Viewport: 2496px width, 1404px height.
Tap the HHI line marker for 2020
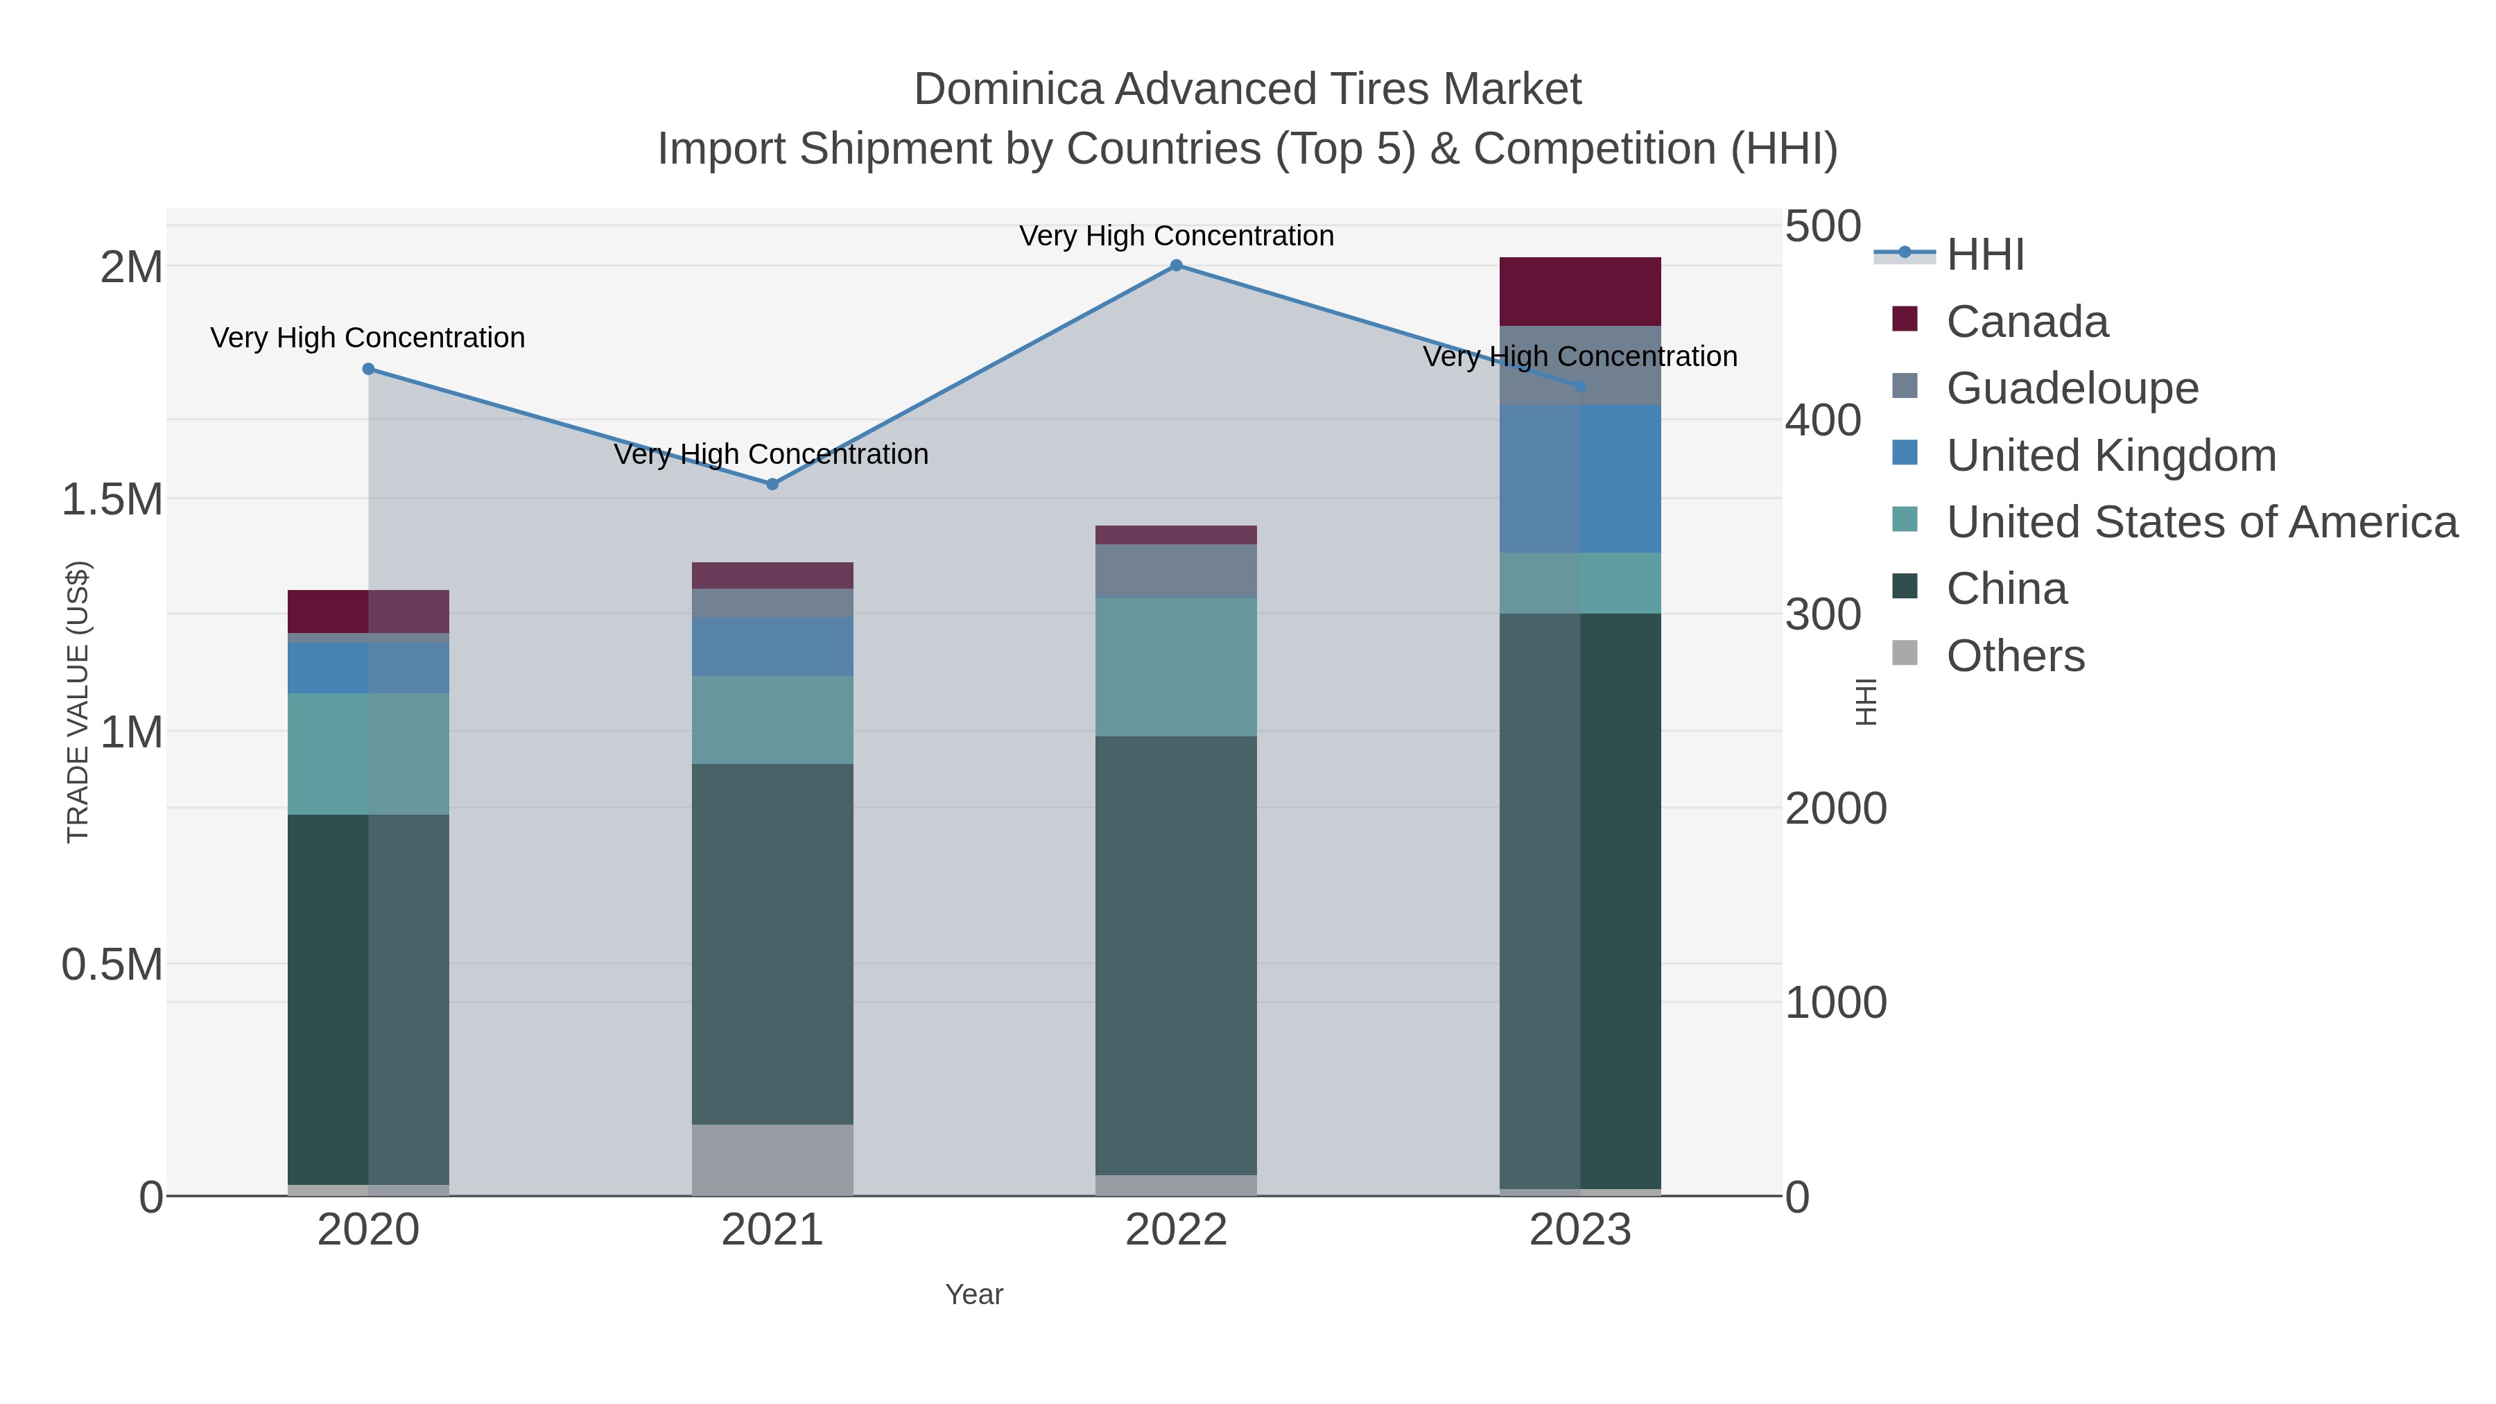[368, 369]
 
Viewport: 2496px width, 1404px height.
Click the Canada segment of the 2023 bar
[1580, 292]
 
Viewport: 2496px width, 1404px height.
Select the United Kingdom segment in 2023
[1580, 478]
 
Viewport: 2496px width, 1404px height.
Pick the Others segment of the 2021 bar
[772, 1160]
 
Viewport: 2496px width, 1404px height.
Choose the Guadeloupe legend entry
[2072, 388]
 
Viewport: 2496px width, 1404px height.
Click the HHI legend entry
[1984, 255]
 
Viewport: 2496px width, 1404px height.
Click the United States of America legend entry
[2201, 522]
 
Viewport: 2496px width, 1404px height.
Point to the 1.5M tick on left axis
[112, 500]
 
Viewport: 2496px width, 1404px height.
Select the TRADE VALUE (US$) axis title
[78, 702]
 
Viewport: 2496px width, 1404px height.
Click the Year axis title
[974, 1294]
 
